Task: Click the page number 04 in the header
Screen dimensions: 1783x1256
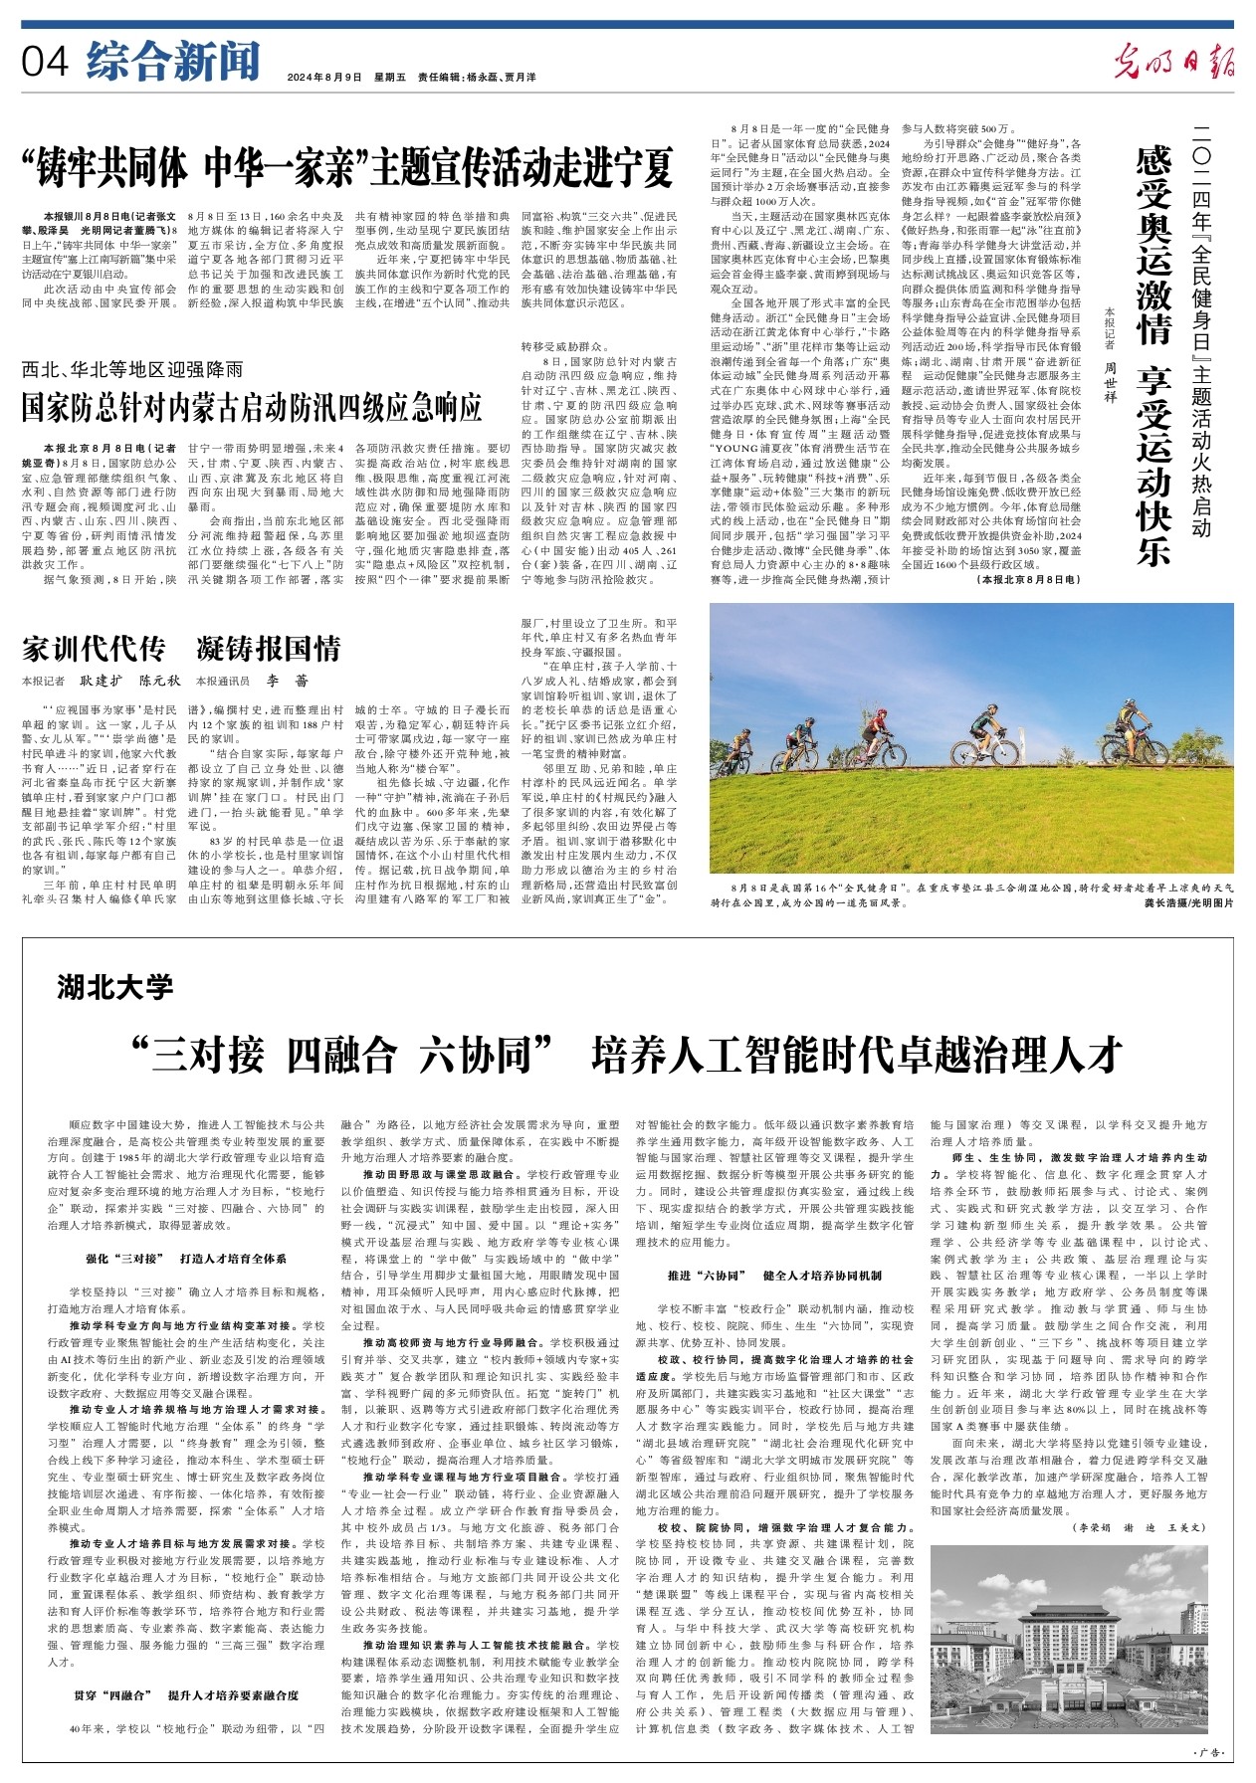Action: click(x=45, y=63)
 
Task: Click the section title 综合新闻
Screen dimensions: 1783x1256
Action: click(x=172, y=62)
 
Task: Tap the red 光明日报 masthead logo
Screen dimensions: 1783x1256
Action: click(x=1173, y=62)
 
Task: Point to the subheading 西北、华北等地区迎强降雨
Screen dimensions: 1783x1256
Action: click(x=132, y=370)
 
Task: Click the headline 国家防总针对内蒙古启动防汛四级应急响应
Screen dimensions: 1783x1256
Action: click(x=252, y=407)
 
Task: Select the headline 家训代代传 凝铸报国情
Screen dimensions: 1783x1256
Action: click(x=181, y=649)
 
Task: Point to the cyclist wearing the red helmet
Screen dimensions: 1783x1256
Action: click(x=876, y=731)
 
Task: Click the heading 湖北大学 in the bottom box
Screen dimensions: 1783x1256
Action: click(x=114, y=987)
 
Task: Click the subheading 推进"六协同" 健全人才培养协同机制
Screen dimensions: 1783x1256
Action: click(x=773, y=1275)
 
